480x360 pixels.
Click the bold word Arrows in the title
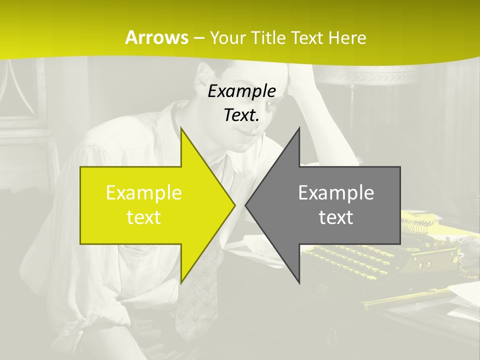(156, 37)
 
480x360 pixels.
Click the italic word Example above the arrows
(241, 91)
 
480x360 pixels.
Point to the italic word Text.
(241, 115)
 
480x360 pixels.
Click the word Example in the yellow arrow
(144, 192)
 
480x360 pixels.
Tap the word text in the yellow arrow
(144, 217)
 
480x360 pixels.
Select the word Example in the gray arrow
(336, 192)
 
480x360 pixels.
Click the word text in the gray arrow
(336, 217)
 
